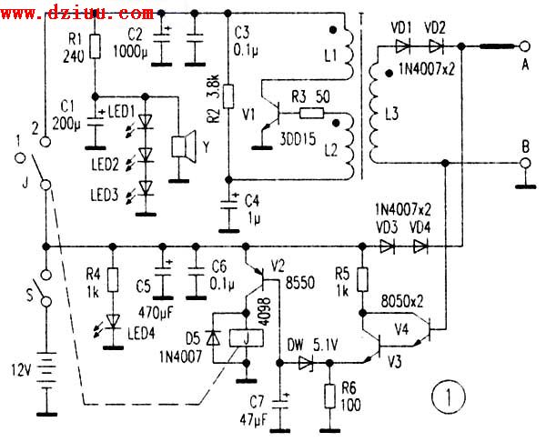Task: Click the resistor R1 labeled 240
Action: coord(93,54)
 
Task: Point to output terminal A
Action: coord(525,46)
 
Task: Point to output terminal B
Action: coord(525,162)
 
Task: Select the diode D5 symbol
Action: coord(214,336)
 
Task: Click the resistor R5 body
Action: coord(361,279)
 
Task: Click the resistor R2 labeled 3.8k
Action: coord(228,96)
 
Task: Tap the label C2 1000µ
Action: coord(136,42)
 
